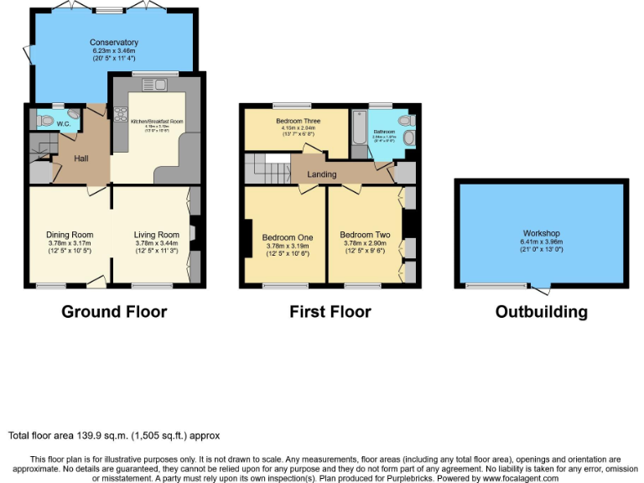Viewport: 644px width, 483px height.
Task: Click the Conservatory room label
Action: click(114, 42)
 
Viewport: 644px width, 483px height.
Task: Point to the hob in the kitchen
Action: click(120, 120)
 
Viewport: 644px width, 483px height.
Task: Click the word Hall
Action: click(80, 158)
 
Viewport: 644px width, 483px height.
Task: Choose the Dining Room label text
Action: click(70, 235)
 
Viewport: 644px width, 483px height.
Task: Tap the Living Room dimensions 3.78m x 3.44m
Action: click(157, 244)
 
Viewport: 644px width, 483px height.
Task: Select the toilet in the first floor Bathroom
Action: click(408, 137)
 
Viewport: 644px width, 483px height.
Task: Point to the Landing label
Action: click(321, 174)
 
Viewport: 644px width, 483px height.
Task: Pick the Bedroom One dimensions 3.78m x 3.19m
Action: click(288, 247)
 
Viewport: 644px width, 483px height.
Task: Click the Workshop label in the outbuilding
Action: click(541, 233)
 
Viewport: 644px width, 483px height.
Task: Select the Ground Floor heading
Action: click(114, 312)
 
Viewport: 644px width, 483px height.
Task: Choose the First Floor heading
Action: click(330, 312)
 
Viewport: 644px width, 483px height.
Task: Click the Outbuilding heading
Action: click(541, 312)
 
